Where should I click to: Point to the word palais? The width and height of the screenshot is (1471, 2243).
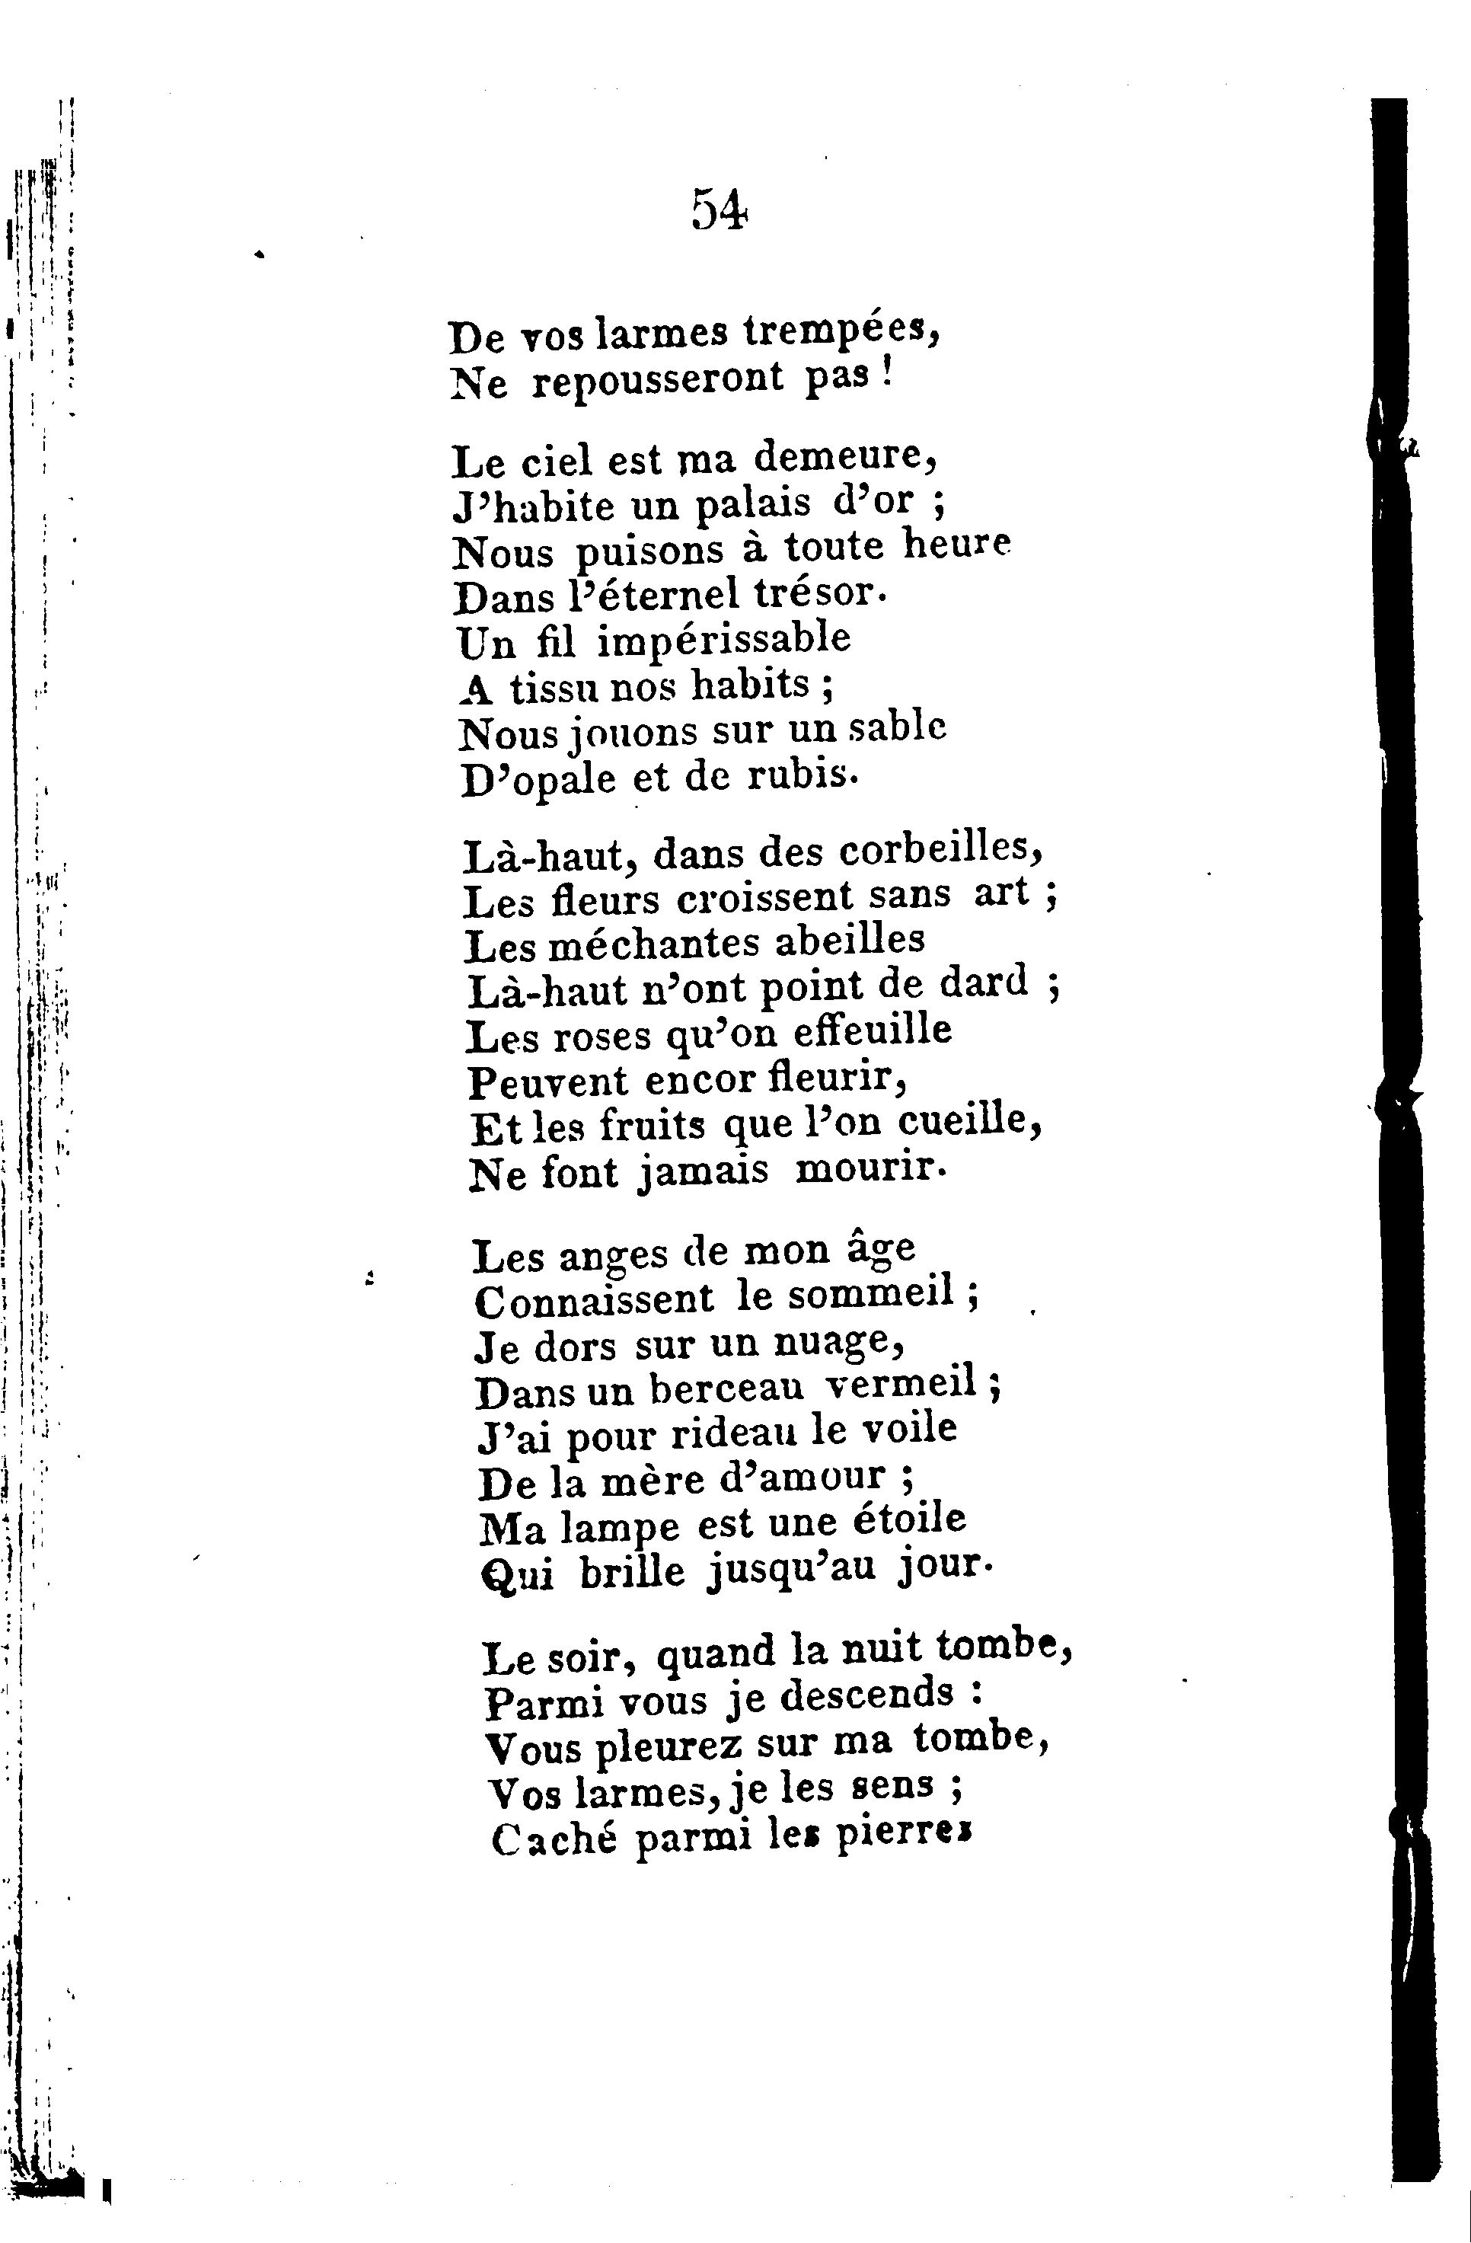click(x=752, y=504)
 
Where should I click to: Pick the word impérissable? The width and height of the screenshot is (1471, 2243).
click(x=724, y=640)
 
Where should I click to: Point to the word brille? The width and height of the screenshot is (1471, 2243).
click(x=631, y=1571)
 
